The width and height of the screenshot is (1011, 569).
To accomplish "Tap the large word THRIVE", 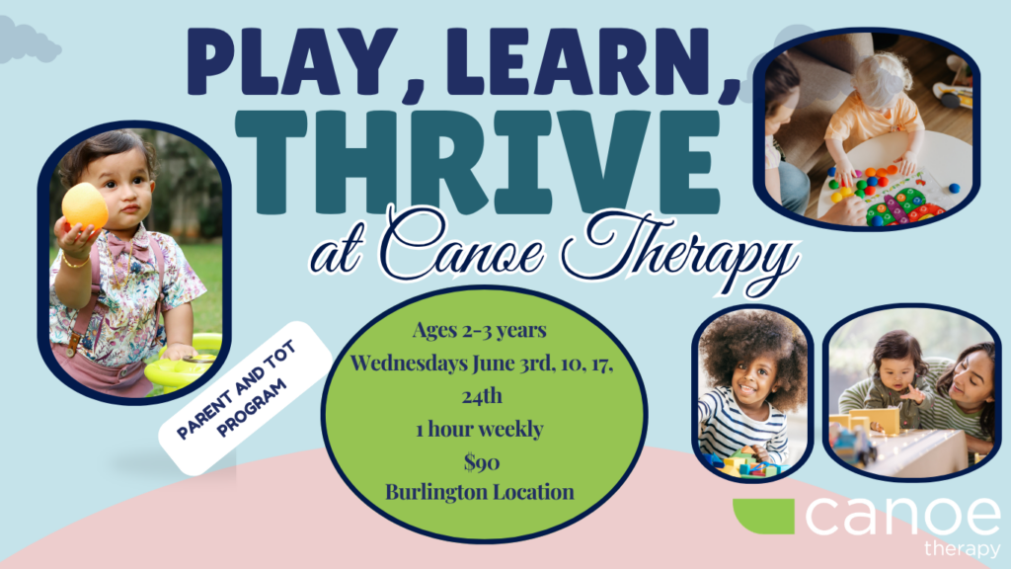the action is point(477,162).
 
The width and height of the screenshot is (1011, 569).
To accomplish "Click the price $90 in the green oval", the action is point(482,462).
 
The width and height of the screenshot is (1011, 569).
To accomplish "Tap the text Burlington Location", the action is point(480,492).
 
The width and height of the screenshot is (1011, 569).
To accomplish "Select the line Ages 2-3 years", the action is point(479,330).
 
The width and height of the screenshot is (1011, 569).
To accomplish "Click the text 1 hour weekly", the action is point(480,429).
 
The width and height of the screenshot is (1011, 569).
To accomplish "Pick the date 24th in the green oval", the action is point(482,395).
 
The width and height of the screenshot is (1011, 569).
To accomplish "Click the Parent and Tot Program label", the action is point(245,398).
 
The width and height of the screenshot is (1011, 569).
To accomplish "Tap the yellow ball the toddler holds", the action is point(84,205).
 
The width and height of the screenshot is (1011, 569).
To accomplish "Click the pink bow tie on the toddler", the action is point(125,247).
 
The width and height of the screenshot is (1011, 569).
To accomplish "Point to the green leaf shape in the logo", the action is point(764,516).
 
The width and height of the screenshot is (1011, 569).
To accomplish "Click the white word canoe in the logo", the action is point(902,516).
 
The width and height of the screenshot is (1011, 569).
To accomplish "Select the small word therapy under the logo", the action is point(962,549).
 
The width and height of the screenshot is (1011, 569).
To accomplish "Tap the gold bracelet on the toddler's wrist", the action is point(75,262).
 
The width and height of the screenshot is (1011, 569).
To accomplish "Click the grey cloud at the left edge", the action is point(27,41).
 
